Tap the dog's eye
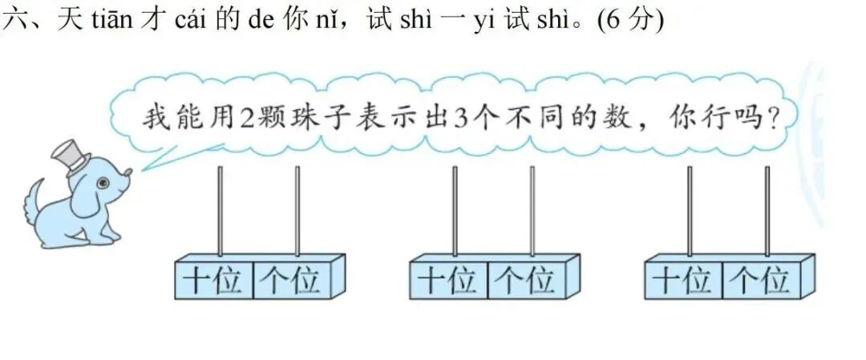pos(103,184)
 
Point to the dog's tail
pos(34,200)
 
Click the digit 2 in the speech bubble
pos(248,118)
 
